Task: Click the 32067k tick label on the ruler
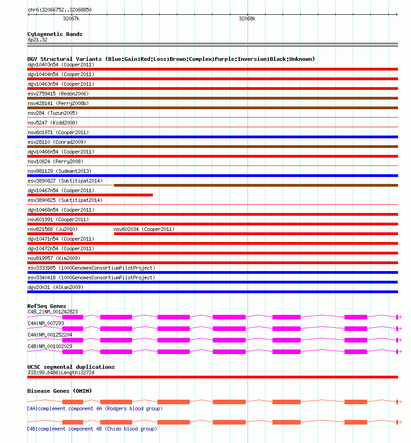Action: point(71,19)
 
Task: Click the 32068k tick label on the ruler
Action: point(247,19)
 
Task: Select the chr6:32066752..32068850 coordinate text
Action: point(60,9)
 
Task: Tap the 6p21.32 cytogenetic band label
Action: point(37,40)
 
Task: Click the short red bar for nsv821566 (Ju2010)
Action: point(50,234)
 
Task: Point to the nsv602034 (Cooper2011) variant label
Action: point(144,229)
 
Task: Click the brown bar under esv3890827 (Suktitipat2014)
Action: point(256,185)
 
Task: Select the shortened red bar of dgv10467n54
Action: point(90,195)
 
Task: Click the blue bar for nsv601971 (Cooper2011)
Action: point(212,137)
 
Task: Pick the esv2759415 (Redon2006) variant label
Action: point(58,94)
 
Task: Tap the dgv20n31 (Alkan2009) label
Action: point(55,287)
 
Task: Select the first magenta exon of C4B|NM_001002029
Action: point(73,352)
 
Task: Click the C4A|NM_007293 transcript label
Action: point(46,323)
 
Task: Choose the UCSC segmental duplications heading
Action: point(71,367)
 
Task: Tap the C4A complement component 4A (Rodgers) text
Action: point(95,408)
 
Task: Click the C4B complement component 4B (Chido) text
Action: point(92,429)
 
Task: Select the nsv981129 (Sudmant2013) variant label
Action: point(59,171)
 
